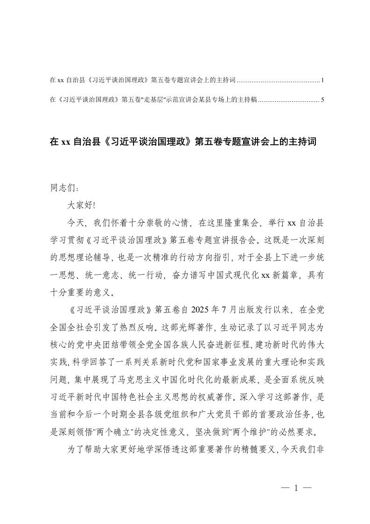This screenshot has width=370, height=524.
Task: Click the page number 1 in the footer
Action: pos(296,488)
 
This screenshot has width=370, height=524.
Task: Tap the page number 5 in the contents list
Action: pos(322,99)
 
